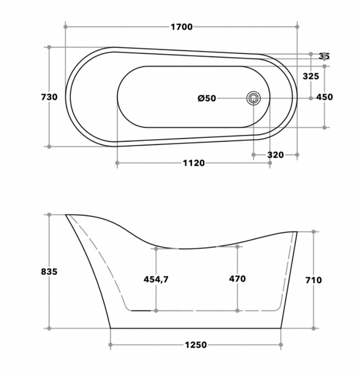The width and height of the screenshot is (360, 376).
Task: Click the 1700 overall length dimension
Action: point(181,27)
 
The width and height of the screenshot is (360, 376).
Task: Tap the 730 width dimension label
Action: point(49,97)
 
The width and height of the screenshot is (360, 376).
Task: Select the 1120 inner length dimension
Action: point(194,163)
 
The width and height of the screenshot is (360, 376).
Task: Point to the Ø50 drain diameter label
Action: point(207,98)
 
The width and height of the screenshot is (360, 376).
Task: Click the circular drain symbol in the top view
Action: point(254,98)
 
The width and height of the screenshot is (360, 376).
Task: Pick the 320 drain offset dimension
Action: point(275,155)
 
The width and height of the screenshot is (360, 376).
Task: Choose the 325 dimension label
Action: point(311,76)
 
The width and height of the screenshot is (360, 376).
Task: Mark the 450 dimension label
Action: point(325,97)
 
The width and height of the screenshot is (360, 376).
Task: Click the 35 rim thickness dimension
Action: point(324,56)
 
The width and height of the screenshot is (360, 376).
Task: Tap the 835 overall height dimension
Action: point(49,271)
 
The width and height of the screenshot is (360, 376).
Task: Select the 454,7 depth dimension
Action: point(156,279)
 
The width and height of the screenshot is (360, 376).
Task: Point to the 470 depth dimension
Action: point(237,279)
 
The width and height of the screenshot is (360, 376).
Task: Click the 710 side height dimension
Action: point(313,280)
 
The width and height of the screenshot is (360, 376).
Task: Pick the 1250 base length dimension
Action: point(195,345)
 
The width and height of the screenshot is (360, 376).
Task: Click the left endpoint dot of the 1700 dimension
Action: point(65,26)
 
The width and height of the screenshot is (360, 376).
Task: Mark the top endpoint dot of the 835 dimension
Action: point(49,214)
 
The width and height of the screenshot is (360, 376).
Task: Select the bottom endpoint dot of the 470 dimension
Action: point(237,311)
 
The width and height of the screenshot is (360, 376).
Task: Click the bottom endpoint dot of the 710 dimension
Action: point(313,328)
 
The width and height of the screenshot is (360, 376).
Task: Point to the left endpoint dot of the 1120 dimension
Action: point(116,163)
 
